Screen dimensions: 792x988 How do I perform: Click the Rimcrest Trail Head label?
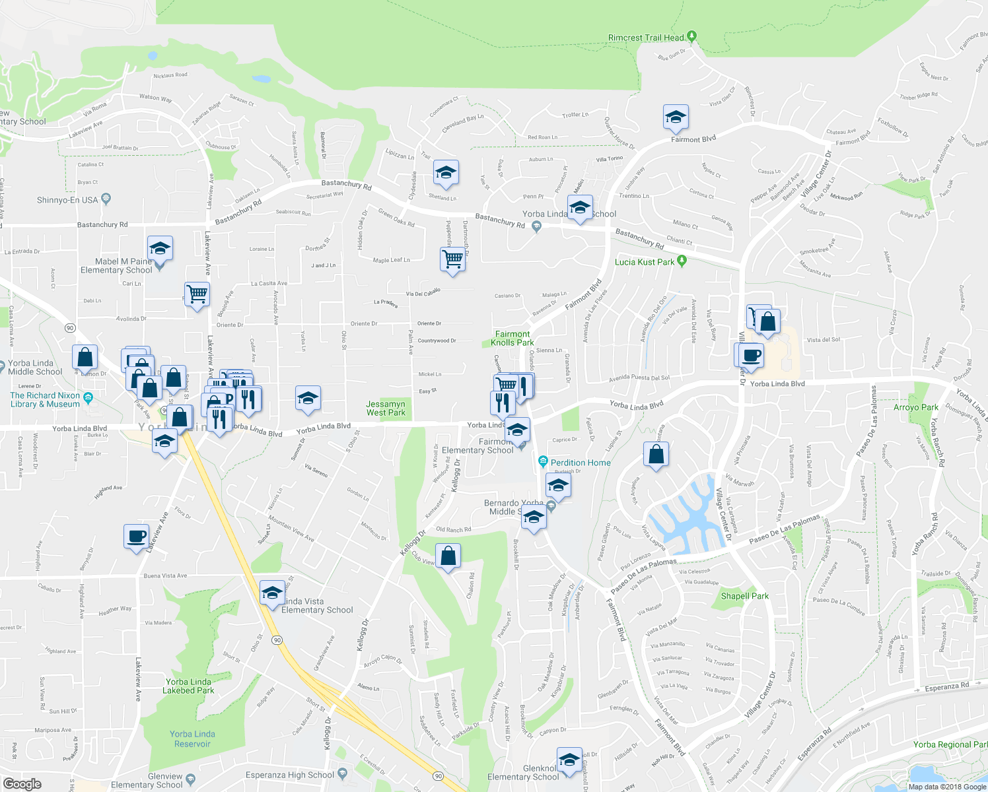pyautogui.click(x=645, y=38)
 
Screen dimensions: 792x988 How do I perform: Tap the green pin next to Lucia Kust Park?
pyautogui.click(x=682, y=261)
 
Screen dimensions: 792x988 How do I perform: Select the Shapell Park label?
pyautogui.click(x=744, y=596)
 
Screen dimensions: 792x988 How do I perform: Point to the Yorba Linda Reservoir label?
pyautogui.click(x=192, y=739)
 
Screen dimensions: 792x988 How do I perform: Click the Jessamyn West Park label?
pyautogui.click(x=386, y=409)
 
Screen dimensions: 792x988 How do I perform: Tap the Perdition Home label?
pyautogui.click(x=580, y=463)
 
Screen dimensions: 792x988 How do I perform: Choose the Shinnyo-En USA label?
pyautogui.click(x=67, y=200)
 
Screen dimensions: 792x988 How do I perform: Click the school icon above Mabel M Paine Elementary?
pyautogui.click(x=160, y=249)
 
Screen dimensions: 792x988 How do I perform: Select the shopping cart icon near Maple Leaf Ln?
pyautogui.click(x=453, y=259)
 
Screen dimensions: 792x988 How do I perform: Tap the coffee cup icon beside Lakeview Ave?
pyautogui.click(x=137, y=537)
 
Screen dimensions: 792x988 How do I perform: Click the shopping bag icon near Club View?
pyautogui.click(x=448, y=557)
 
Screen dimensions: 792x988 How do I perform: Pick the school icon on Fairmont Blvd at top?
pyautogui.click(x=676, y=118)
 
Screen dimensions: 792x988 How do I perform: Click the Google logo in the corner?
pyautogui.click(x=22, y=783)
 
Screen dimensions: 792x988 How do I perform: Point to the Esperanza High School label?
pyautogui.click(x=290, y=775)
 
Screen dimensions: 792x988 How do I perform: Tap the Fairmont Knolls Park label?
pyautogui.click(x=512, y=339)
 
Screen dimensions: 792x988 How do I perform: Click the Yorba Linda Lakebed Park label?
pyautogui.click(x=188, y=686)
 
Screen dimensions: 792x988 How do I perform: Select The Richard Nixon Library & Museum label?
pyautogui.click(x=45, y=400)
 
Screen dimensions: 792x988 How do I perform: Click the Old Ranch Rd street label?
pyautogui.click(x=454, y=529)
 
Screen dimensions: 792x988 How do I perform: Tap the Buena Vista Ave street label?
pyautogui.click(x=165, y=576)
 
